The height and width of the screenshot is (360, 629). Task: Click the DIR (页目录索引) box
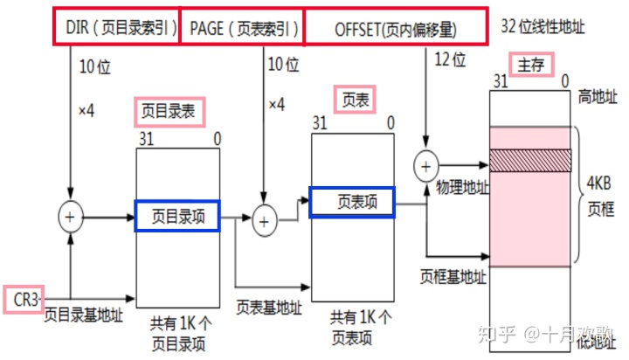pos(118,26)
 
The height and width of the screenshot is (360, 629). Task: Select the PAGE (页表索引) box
pos(243,26)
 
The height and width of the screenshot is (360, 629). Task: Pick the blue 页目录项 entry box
pos(178,216)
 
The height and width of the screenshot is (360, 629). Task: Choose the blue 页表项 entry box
pos(353,203)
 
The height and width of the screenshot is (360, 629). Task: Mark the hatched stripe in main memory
pos(530,159)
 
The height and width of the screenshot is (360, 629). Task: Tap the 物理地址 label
pos(460,188)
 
